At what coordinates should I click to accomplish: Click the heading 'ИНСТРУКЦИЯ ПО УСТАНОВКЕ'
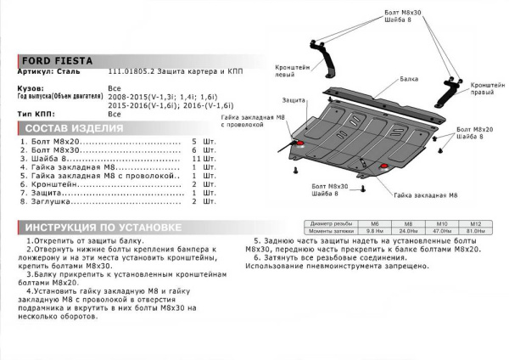(101, 228)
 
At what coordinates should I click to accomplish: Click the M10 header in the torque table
(441, 224)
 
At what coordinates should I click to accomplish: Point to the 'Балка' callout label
(410, 76)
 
